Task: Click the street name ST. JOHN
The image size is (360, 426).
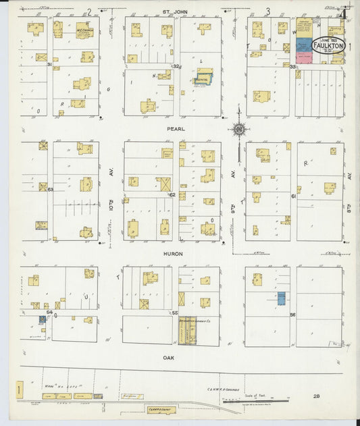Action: [180, 11]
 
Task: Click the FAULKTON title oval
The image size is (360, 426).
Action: [329, 46]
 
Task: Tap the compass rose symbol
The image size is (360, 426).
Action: [238, 130]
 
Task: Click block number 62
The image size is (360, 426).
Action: [172, 195]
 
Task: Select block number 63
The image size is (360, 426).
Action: [50, 190]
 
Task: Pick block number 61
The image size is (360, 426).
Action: [294, 196]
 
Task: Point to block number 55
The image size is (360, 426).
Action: [174, 313]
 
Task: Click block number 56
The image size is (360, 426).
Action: [292, 315]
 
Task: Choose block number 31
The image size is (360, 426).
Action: [50, 64]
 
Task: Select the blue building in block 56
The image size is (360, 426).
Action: [281, 298]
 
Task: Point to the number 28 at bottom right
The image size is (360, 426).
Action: [316, 396]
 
